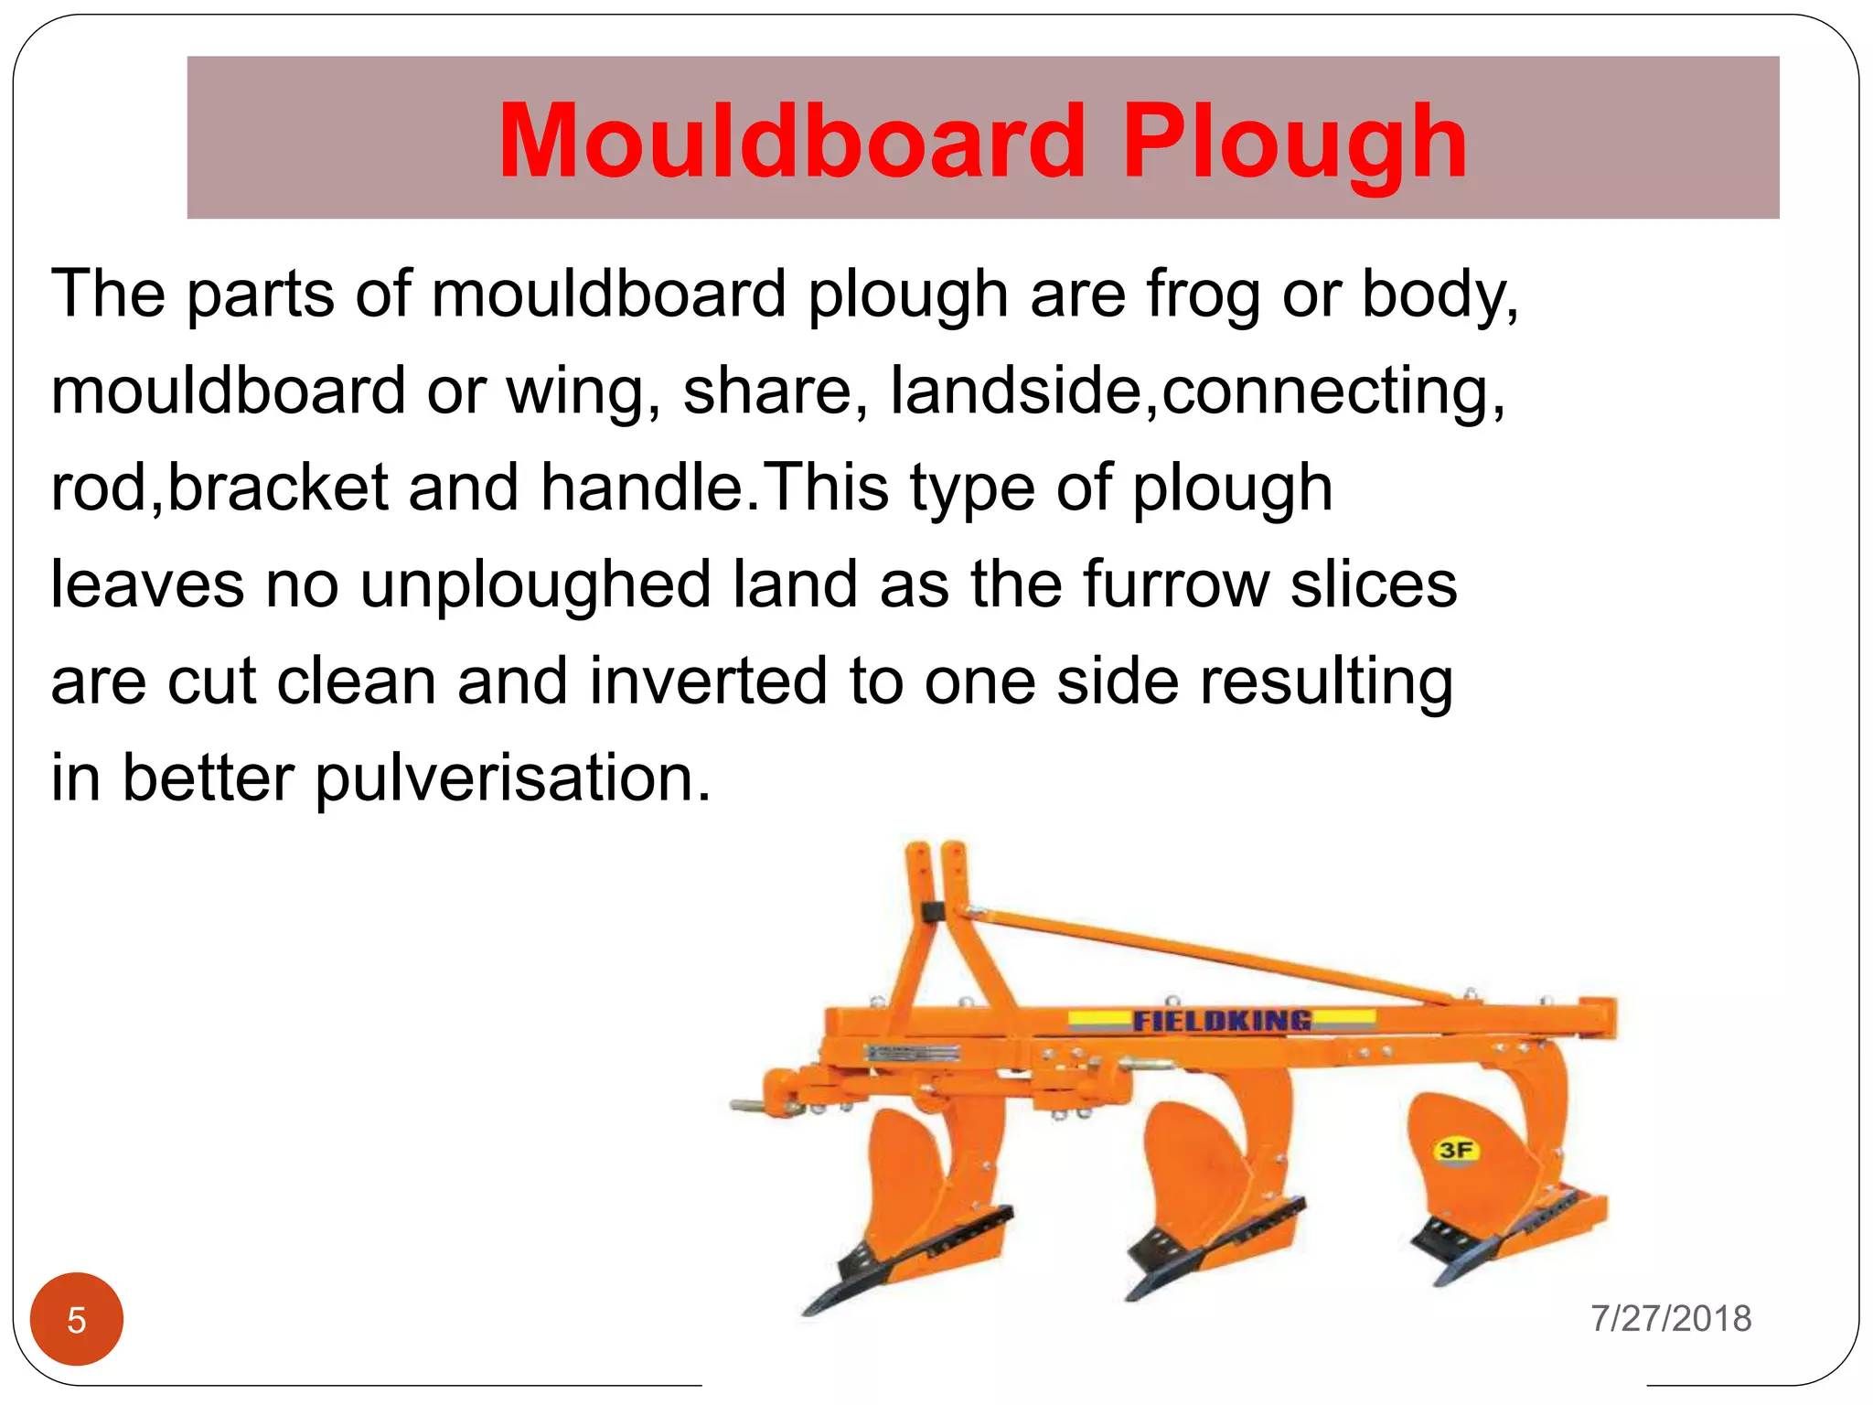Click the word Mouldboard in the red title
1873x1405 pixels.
pos(792,142)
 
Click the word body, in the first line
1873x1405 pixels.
pos(1440,295)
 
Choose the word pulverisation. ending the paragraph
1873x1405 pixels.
pos(513,778)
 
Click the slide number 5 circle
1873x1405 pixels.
pos(77,1319)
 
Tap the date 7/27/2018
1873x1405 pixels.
pos(1671,1318)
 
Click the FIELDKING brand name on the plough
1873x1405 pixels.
pos(1222,1020)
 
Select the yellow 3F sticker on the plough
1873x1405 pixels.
pos(1455,1149)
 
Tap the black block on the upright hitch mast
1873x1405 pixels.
pos(933,913)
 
